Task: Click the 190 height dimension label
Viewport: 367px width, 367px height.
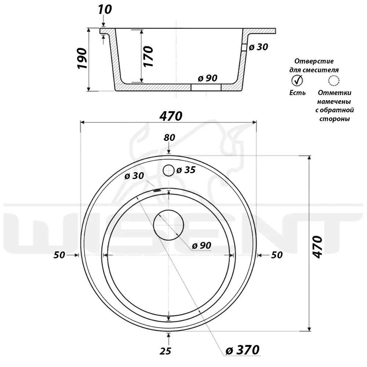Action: (82, 58)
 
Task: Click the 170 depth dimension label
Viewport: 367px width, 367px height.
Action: (148, 57)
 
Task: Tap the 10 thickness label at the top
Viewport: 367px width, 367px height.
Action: (105, 10)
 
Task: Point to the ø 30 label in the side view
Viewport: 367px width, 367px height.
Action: (258, 47)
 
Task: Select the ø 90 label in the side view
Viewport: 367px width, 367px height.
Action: (208, 78)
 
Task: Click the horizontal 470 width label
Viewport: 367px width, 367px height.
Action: (171, 116)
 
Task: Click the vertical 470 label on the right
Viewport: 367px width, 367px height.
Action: (317, 247)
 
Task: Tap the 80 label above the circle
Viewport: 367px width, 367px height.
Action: (169, 138)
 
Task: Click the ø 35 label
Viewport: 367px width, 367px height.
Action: (186, 170)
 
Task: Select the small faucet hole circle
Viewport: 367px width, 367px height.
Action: (168, 170)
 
